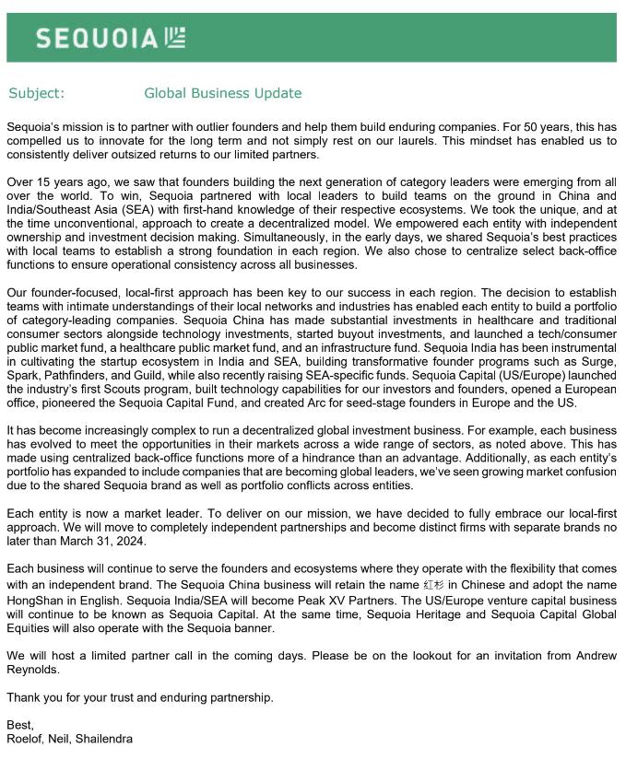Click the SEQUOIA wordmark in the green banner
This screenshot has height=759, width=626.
click(98, 38)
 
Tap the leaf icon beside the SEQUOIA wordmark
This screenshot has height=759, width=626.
click(175, 37)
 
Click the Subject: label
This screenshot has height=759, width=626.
click(37, 93)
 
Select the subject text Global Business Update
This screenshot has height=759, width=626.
click(223, 93)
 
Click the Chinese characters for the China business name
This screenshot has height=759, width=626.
click(432, 585)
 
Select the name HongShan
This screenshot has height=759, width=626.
click(35, 600)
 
